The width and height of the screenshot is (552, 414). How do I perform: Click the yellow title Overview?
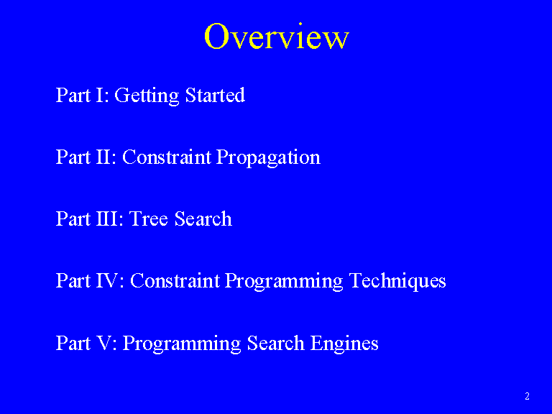276,36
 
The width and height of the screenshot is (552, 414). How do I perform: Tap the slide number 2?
527,396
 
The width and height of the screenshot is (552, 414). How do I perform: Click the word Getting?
147,96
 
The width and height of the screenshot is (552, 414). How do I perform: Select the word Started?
215,95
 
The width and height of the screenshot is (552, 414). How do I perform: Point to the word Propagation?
268,157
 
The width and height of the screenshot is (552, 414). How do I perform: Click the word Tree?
149,218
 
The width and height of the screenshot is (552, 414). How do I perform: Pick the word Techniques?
397,281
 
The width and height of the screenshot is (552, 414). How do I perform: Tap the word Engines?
344,344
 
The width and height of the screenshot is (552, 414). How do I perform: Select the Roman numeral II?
103,157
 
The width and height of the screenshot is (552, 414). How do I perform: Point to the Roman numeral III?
107,218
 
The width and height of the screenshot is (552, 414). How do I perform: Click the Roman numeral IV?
107,280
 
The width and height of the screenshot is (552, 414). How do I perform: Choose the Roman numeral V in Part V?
103,343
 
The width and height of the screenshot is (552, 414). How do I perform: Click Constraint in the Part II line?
167,157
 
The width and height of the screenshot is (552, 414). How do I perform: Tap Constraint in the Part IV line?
175,280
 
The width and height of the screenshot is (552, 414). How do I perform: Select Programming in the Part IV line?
284,282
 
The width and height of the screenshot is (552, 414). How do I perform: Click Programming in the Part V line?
182,344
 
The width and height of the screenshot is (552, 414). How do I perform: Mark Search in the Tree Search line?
203,218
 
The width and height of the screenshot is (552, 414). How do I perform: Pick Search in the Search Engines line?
276,343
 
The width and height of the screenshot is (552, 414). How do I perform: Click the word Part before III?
73,218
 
